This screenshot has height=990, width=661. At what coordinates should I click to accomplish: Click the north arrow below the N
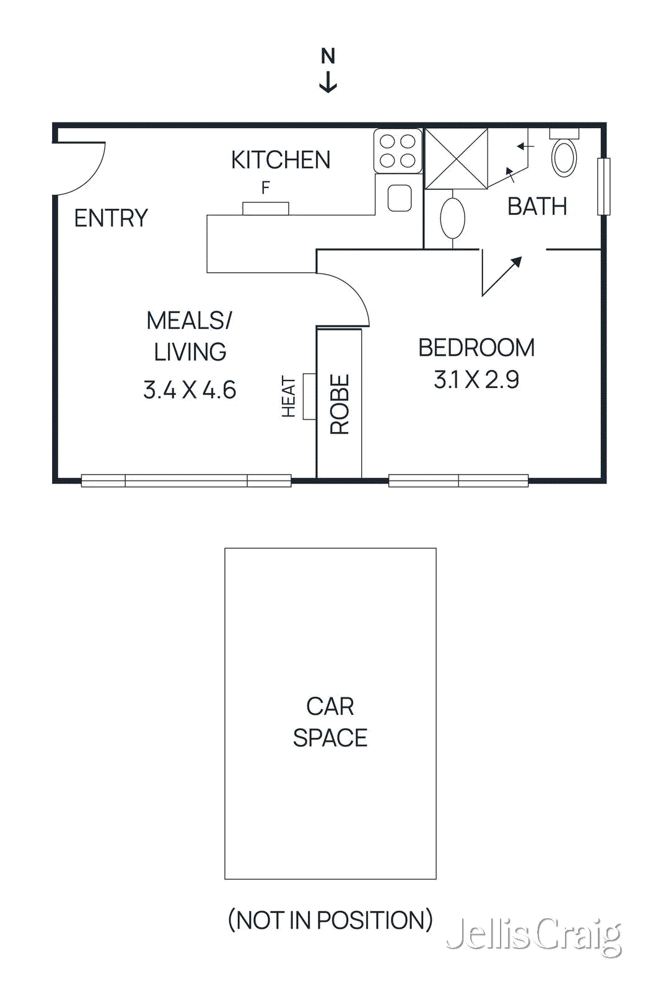[x=328, y=82]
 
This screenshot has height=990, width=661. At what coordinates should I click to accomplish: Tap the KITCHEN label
[x=281, y=160]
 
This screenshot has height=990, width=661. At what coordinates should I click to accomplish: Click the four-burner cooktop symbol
[x=398, y=151]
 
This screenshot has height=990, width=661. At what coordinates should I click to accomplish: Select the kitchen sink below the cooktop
[x=400, y=198]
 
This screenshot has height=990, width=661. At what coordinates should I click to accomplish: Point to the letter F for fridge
[x=266, y=187]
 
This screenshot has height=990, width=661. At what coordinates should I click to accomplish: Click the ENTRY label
[x=111, y=218]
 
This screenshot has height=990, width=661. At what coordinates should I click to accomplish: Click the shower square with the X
[x=456, y=158]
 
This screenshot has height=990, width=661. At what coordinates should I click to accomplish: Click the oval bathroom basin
[x=452, y=218]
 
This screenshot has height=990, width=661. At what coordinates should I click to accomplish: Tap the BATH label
[x=537, y=207]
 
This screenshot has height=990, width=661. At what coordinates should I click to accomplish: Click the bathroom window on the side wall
[x=603, y=187]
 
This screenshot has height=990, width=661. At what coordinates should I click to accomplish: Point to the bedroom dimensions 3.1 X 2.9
[x=476, y=380]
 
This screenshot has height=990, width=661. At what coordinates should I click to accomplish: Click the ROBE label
[x=339, y=405]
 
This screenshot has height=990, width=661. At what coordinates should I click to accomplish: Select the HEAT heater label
[x=289, y=397]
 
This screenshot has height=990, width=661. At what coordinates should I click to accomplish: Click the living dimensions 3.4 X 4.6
[x=190, y=390]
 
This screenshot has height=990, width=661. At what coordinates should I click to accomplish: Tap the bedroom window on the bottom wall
[x=458, y=481]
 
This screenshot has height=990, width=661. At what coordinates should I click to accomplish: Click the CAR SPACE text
[x=330, y=722]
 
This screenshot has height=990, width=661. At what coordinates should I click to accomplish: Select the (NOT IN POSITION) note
[x=330, y=920]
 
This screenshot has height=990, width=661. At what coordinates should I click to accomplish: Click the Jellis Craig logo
[x=533, y=935]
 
